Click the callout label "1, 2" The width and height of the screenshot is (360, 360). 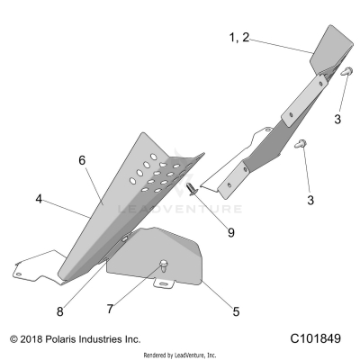tap(239, 38)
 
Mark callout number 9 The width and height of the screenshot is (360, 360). tap(230, 232)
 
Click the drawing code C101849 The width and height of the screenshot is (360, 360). tap(317, 340)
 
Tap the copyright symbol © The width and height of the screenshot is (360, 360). tap(13, 340)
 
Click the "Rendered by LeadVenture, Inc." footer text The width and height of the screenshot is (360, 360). tap(180, 355)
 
